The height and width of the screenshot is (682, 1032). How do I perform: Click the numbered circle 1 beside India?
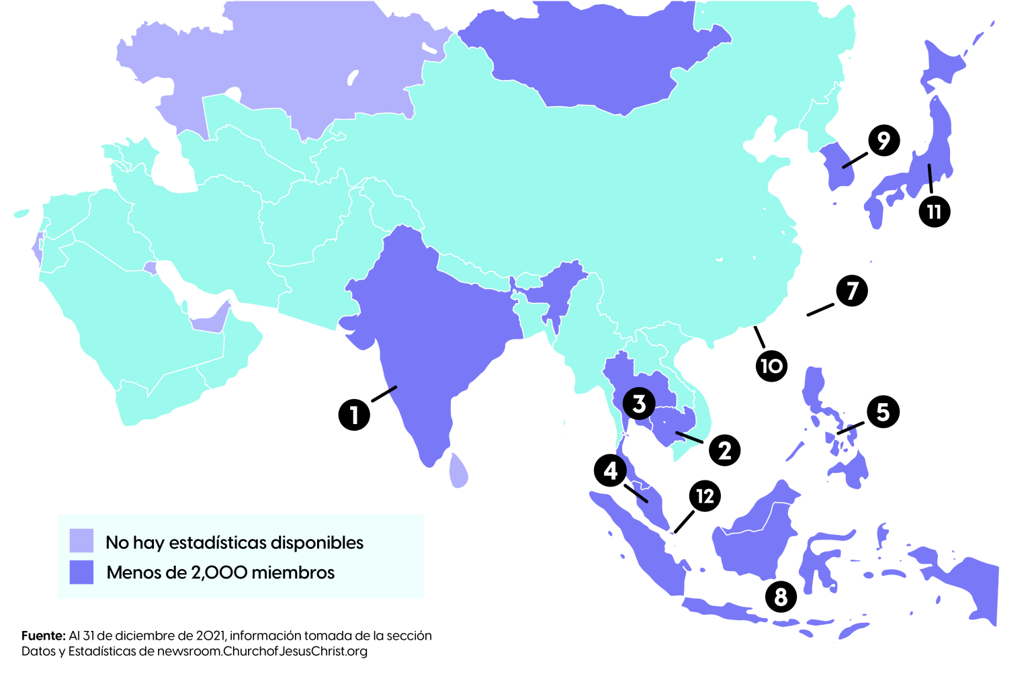354,415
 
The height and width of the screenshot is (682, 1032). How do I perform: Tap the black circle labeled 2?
724,450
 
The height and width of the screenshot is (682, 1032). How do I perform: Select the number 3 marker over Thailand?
639,404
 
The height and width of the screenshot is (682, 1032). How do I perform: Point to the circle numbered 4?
610,470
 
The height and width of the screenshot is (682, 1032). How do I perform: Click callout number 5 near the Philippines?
883,412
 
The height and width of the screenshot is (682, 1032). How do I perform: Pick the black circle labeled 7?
852,291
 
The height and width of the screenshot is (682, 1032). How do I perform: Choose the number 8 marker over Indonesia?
781,597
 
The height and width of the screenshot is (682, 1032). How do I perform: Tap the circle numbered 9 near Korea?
884,140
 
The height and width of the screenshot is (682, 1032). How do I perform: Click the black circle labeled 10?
771,366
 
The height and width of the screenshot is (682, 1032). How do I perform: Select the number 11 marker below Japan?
934,212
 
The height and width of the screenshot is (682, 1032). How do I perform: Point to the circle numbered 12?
705,497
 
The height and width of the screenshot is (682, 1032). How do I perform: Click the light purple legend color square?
81,540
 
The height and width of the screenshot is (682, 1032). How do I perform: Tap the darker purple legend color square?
81,572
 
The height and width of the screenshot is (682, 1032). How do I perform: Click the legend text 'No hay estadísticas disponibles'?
234,542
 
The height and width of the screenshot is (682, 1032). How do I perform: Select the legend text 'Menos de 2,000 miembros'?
220,572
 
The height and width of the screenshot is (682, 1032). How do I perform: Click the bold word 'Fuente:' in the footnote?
44,636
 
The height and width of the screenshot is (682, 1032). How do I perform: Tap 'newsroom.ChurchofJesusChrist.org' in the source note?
262,651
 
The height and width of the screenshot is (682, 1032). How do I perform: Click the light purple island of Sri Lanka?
458,471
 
